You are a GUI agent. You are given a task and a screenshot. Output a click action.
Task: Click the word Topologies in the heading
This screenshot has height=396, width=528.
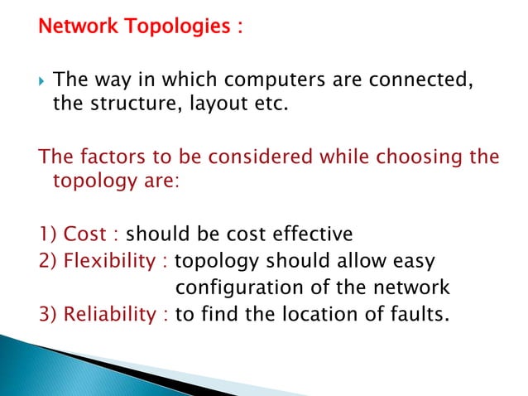pyautogui.click(x=176, y=27)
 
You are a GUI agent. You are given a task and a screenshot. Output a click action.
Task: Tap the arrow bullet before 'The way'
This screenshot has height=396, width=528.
pyautogui.click(x=43, y=81)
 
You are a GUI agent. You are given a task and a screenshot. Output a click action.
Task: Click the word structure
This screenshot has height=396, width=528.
pyautogui.click(x=129, y=105)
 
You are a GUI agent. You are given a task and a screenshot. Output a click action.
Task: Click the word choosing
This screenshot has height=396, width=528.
pyautogui.click(x=417, y=157)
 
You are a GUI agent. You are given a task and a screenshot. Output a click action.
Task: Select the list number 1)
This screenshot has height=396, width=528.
pyautogui.click(x=48, y=234)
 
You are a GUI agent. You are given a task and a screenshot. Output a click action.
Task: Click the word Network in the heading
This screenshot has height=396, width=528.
pyautogui.click(x=74, y=27)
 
